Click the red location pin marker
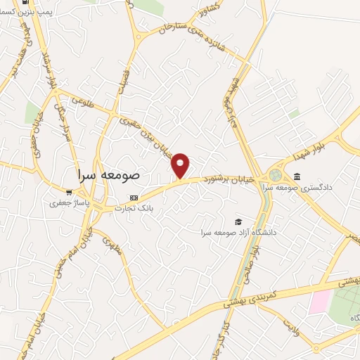coord(181,165)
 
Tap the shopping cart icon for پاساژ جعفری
coord(68,192)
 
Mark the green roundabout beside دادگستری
coord(274,175)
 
